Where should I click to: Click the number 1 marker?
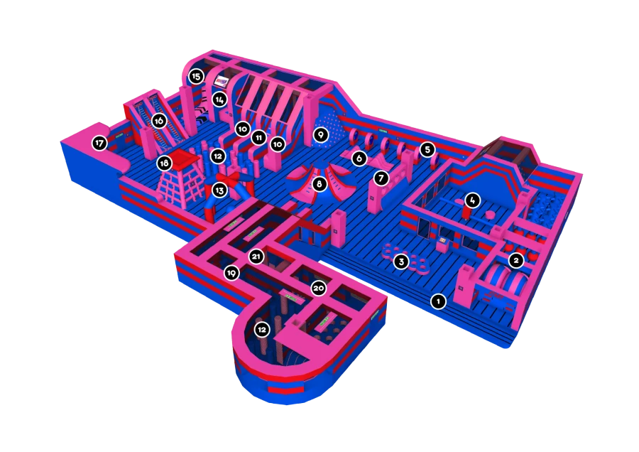pos(438,301)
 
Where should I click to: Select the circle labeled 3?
pos(401,262)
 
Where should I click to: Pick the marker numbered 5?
pos(426,149)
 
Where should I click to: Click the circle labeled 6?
pos(359,158)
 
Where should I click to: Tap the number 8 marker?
pos(319,184)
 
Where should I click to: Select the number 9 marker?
pos(320,134)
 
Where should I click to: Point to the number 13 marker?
pos(219,190)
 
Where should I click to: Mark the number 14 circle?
pos(220,99)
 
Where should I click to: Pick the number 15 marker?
pos(197,75)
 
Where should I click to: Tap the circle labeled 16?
pos(159,121)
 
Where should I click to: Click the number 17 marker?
pos(99,144)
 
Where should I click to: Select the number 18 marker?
pos(165,163)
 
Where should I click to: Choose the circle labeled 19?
pos(231,273)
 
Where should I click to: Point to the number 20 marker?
pos(319,288)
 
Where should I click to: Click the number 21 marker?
pos(256,255)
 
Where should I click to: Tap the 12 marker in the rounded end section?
pos(262,329)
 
